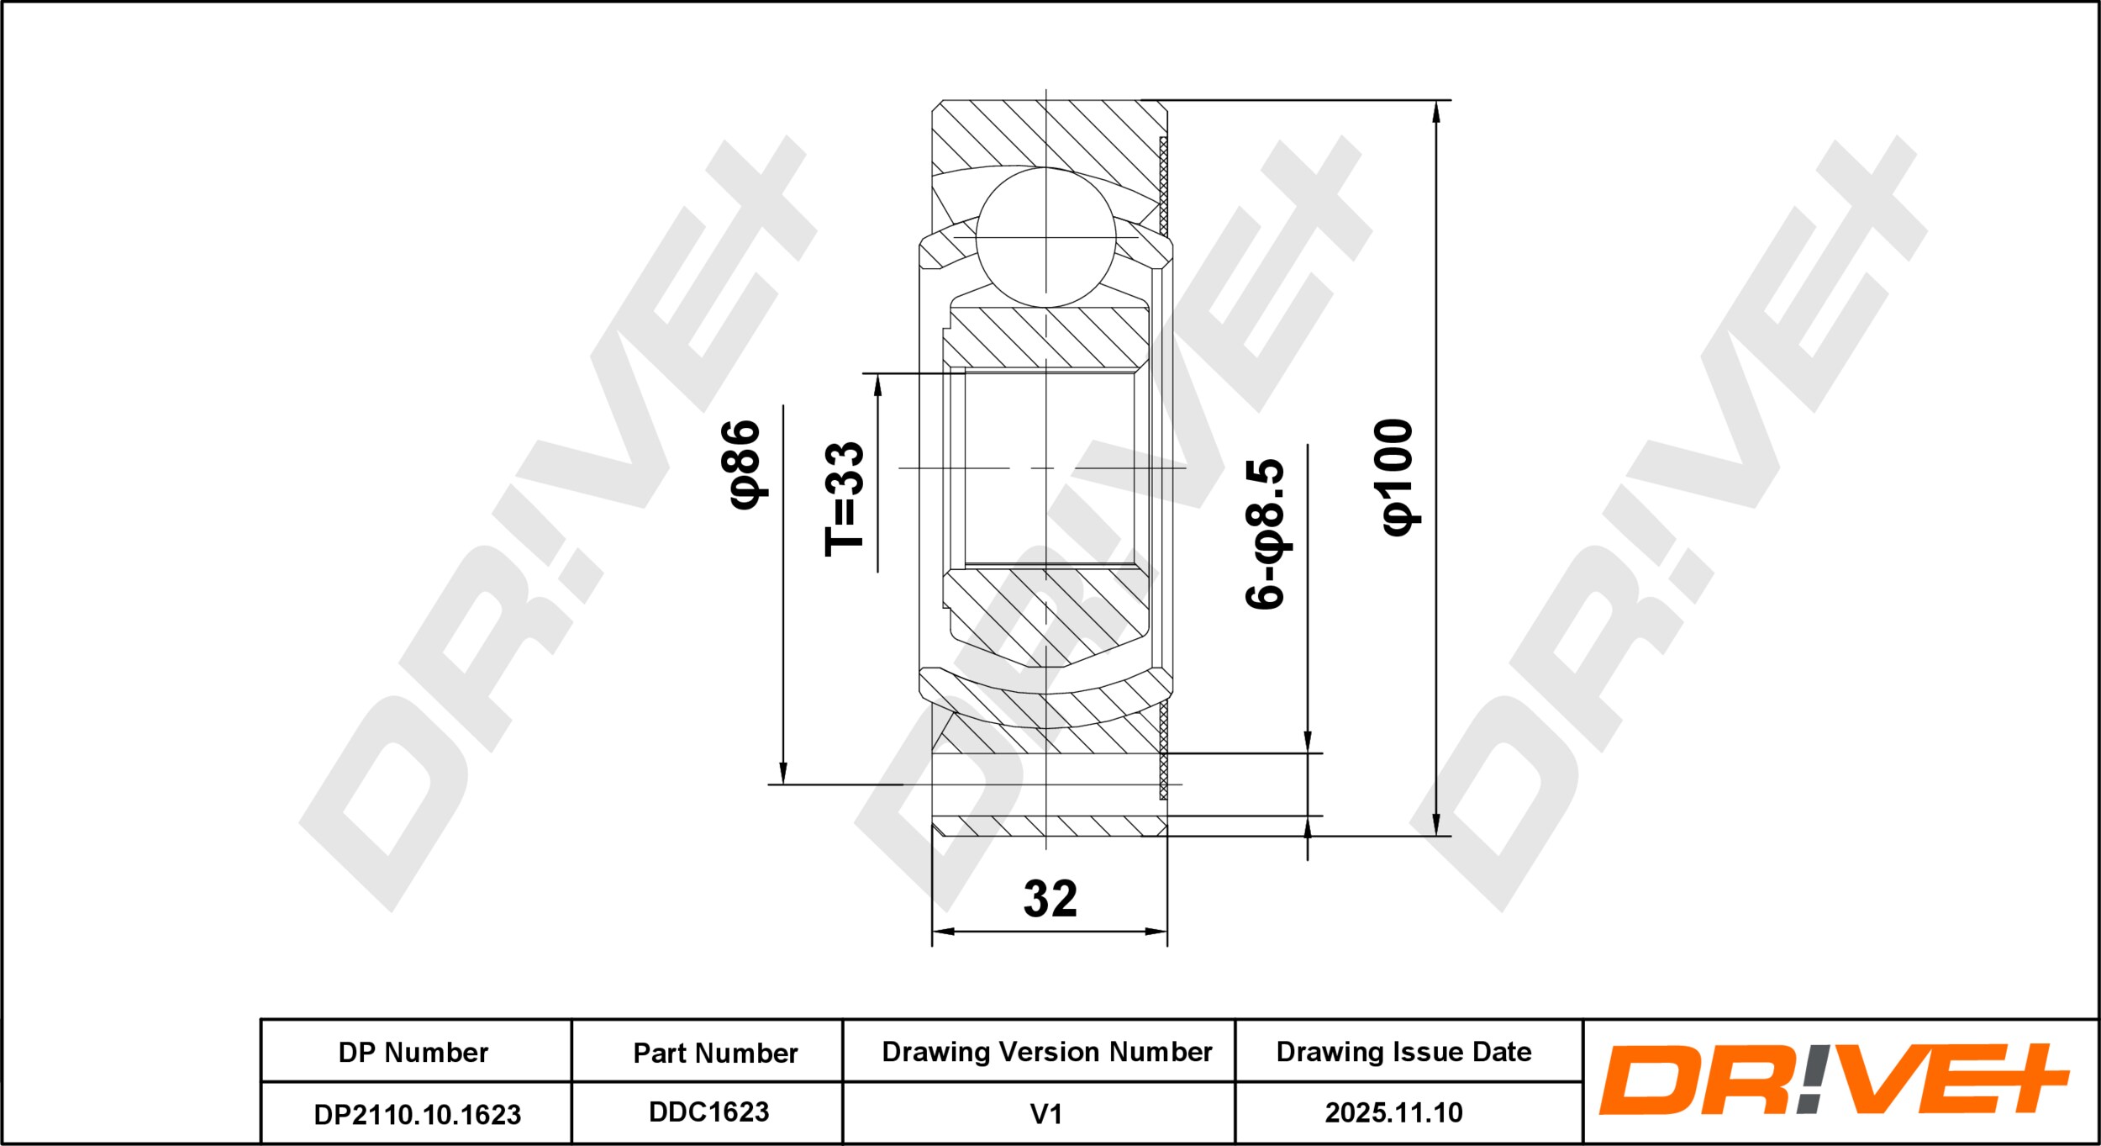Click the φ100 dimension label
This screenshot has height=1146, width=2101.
pyautogui.click(x=1398, y=476)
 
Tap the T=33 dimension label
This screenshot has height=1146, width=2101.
pyautogui.click(x=845, y=499)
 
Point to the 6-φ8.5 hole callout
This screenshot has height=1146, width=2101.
pyautogui.click(x=1265, y=534)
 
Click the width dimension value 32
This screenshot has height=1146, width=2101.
pyautogui.click(x=1050, y=899)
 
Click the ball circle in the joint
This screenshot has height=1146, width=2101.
pyautogui.click(x=1045, y=237)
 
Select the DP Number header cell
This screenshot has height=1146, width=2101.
pyautogui.click(x=413, y=1053)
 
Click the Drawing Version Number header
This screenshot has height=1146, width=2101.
pyautogui.click(x=1047, y=1052)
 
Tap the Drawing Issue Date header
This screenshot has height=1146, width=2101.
pyautogui.click(x=1403, y=1052)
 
